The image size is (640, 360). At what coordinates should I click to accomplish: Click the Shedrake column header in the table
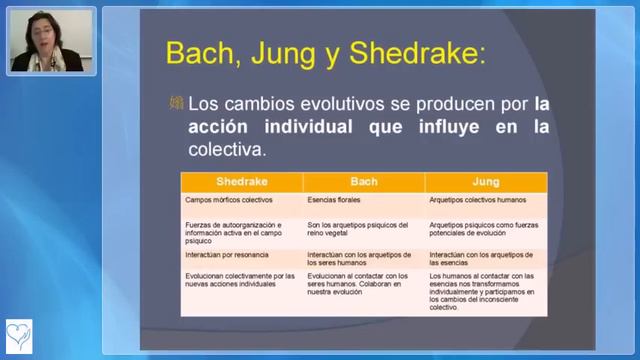[x=242, y=182]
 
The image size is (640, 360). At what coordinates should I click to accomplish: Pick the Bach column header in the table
[x=364, y=182]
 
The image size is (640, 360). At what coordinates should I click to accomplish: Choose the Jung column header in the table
[x=486, y=182]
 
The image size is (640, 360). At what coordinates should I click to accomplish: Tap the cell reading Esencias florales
[x=334, y=200]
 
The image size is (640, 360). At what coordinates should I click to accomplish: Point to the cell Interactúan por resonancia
[x=226, y=255]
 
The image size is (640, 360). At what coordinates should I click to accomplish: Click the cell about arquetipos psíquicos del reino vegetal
[x=358, y=230]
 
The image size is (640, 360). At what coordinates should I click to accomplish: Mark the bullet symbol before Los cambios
[x=176, y=103]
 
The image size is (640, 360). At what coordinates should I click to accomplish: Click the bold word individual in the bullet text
[x=295, y=127]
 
